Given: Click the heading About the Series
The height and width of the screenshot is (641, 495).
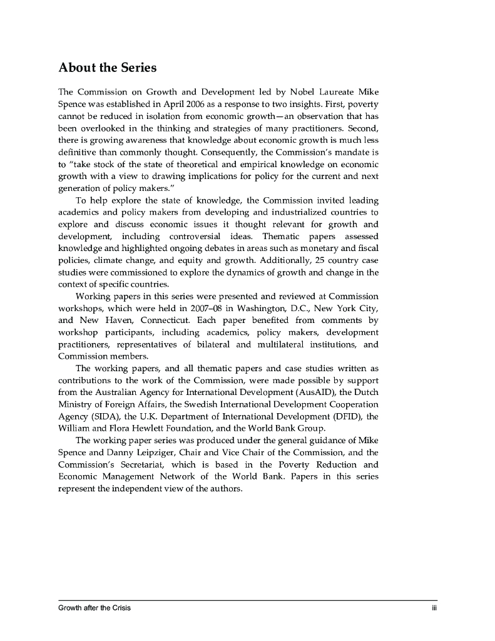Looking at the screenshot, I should click(x=107, y=67).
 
